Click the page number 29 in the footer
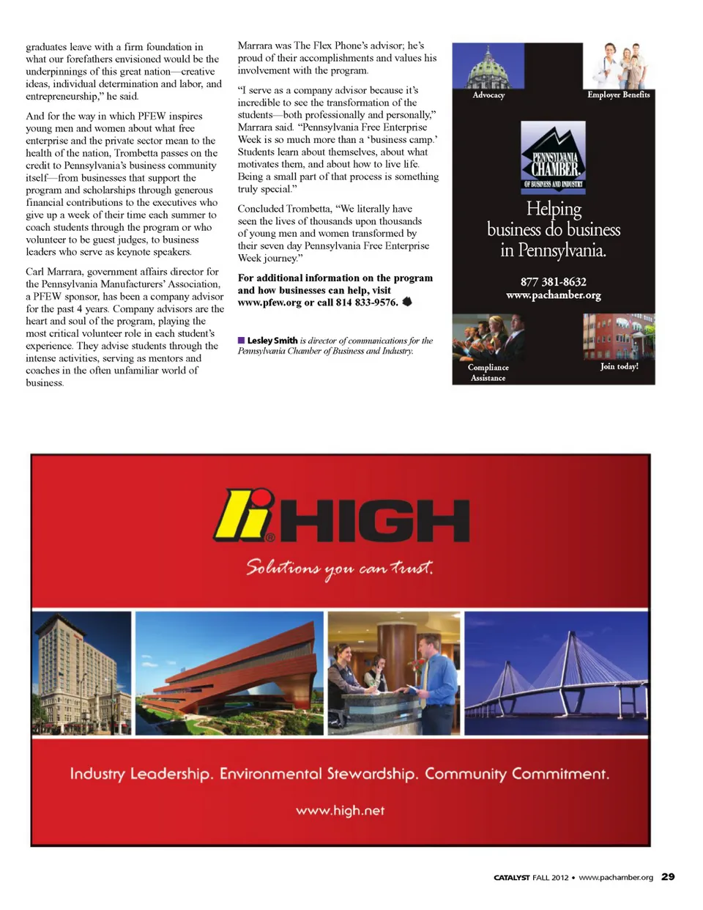(668, 876)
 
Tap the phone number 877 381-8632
(553, 282)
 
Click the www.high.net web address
(340, 810)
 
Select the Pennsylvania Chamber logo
(553, 156)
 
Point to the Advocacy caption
(488, 95)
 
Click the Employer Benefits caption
(618, 95)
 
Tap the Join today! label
(619, 366)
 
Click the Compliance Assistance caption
(488, 372)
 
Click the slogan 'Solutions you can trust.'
(340, 568)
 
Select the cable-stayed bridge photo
(557, 673)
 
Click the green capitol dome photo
(488, 66)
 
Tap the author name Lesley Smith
(272, 341)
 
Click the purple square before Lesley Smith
(241, 341)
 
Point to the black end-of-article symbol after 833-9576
(407, 302)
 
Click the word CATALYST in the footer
(511, 877)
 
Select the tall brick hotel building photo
(81, 673)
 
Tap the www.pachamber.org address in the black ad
(553, 295)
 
